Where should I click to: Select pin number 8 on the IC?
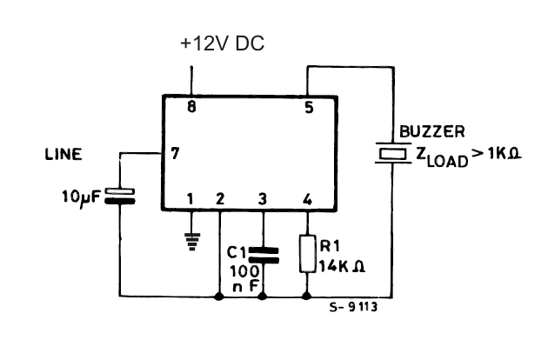pyautogui.click(x=191, y=109)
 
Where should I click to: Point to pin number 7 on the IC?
pyautogui.click(x=175, y=155)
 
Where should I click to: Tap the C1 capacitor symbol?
pyautogui.click(x=263, y=254)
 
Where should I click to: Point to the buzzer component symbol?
pyautogui.click(x=391, y=153)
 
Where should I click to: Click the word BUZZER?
pyautogui.click(x=431, y=133)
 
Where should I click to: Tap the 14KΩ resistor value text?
pyautogui.click(x=342, y=268)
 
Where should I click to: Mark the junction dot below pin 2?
pyautogui.click(x=220, y=297)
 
